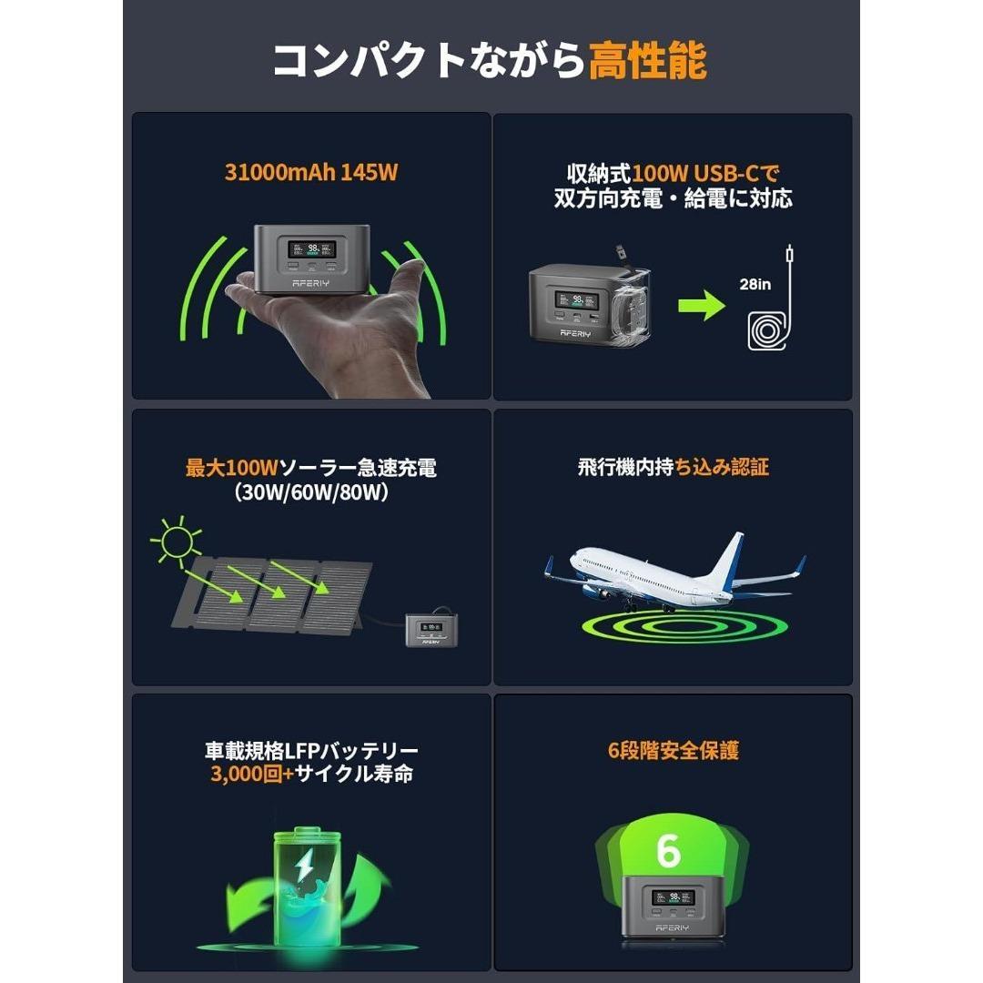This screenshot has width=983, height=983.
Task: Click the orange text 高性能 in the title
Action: (647, 62)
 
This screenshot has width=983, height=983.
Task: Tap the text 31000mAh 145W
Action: (311, 172)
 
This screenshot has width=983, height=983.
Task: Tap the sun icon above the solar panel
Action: (176, 543)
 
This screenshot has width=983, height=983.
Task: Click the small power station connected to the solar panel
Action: (433, 629)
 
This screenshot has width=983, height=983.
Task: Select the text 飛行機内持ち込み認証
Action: (673, 467)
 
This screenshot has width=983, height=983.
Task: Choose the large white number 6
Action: (668, 850)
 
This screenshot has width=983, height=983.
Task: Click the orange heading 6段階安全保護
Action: (673, 751)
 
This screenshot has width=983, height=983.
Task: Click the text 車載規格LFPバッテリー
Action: (311, 751)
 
